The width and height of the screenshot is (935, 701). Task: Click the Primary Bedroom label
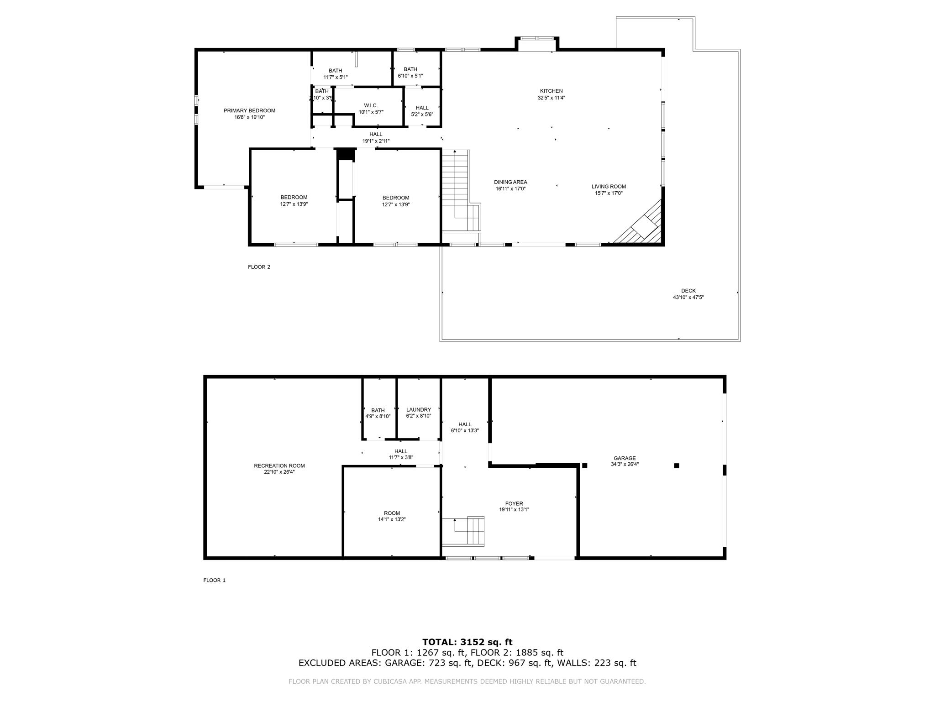249,111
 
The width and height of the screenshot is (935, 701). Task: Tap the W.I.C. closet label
371,105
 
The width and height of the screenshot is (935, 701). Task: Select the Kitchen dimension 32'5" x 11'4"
551,98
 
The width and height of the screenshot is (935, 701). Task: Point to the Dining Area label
510,182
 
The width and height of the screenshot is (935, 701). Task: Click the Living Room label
609,187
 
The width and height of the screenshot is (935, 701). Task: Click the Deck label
688,291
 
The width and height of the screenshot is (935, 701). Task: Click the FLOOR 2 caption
259,267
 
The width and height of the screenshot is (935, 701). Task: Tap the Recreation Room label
279,466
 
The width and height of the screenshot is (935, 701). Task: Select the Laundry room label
418,410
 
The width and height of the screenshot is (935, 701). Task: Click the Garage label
625,458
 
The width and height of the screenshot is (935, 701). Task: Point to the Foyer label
514,504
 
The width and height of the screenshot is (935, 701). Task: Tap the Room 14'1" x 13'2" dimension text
392,519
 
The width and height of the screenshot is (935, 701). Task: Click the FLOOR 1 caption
214,581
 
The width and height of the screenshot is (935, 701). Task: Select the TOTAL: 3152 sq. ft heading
467,642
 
